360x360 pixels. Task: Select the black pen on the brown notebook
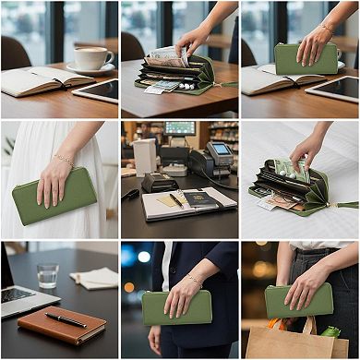click(66, 319)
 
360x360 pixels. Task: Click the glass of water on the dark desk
click(48, 275)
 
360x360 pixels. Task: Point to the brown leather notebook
click(63, 324)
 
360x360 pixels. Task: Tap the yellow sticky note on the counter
click(169, 200)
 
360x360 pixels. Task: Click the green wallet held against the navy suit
click(175, 307)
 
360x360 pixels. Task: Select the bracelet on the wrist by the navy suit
click(195, 278)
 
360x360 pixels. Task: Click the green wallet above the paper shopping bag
click(298, 300)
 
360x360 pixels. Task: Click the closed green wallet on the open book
click(306, 59)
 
